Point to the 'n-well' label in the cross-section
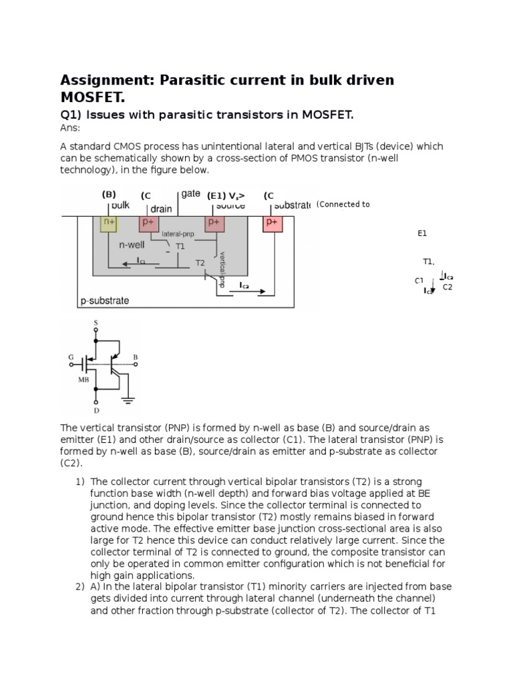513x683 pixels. point(132,245)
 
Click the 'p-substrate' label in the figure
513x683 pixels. point(105,301)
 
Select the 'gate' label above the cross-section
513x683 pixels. point(192,193)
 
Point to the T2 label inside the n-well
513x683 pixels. point(199,263)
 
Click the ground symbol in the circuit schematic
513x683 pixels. point(128,400)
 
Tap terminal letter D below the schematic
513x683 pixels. point(96,411)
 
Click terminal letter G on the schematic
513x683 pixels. point(71,358)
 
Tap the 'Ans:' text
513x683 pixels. point(69,127)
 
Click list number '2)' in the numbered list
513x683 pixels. point(80,587)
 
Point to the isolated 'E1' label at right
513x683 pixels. point(422,234)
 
